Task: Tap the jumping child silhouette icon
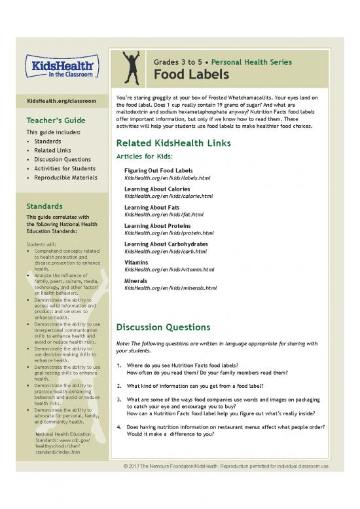pyautogui.click(x=131, y=67)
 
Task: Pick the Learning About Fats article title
pyautogui.click(x=150, y=208)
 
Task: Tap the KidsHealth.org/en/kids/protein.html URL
pyautogui.click(x=168, y=233)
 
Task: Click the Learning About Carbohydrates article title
pyautogui.click(x=166, y=244)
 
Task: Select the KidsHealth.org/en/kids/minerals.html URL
pyautogui.click(x=170, y=288)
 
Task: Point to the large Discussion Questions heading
pyautogui.click(x=163, y=327)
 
